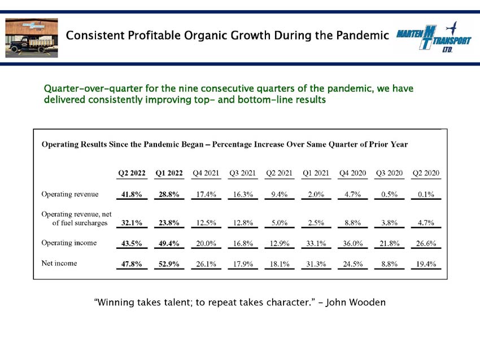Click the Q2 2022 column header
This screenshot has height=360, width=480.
(x=132, y=173)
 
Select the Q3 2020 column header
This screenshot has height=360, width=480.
(x=389, y=173)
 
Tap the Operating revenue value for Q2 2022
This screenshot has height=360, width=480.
(x=132, y=194)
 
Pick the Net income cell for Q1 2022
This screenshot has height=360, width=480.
(x=169, y=264)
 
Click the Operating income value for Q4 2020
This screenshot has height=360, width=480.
(x=352, y=243)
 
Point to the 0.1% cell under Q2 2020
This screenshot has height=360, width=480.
(x=426, y=194)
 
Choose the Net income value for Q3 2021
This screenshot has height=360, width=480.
(x=243, y=264)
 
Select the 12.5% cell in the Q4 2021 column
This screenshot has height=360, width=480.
(x=206, y=223)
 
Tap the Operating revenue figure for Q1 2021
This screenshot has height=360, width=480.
(x=316, y=194)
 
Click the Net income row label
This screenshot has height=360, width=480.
(x=59, y=263)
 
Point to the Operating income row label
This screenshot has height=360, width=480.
(x=69, y=243)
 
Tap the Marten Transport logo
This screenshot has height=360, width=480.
(x=434, y=37)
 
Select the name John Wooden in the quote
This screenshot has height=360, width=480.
(x=355, y=302)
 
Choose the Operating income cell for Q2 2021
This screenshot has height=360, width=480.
(x=279, y=243)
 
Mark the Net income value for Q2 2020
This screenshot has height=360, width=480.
(x=426, y=264)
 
